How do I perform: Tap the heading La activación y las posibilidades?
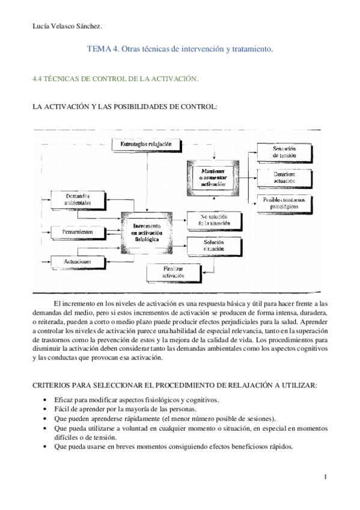[124, 106]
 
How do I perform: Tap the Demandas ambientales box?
[79, 200]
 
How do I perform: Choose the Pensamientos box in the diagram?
[79, 232]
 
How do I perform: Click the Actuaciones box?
[79, 262]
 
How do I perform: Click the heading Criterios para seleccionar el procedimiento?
[174, 385]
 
